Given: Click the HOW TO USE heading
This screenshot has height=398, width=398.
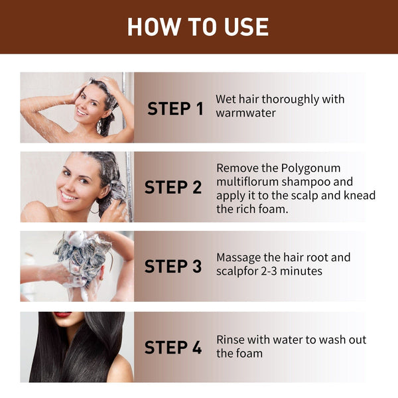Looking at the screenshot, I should click(198, 27).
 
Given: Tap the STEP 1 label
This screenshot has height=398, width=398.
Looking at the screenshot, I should click(175, 109).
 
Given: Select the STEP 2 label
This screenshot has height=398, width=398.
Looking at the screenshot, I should click(173, 188).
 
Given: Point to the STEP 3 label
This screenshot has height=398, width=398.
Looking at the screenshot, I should click(173, 267).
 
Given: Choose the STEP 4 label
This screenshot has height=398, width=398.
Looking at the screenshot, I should click(173, 347).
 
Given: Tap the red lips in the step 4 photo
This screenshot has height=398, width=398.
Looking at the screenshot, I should click(63, 314).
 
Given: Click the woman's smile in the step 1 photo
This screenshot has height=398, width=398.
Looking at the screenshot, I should click(82, 111).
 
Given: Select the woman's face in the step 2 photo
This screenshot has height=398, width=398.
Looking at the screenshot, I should click(74, 180).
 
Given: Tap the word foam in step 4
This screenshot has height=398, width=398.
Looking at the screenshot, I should click(249, 353).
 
